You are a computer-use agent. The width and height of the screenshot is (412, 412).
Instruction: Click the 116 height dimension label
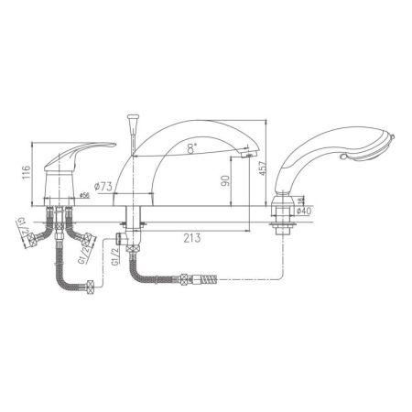[27, 169]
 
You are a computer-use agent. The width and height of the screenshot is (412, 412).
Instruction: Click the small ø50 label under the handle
[84, 195]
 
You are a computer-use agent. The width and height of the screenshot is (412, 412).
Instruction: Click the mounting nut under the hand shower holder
[284, 223]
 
